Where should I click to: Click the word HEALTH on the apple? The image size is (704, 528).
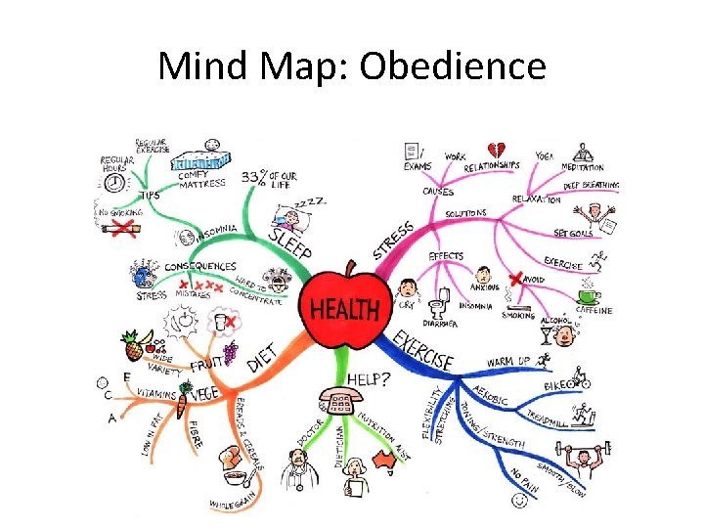tap(344, 310)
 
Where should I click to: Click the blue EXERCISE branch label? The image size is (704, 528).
tap(423, 349)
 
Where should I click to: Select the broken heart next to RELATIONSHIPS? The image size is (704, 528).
tap(497, 149)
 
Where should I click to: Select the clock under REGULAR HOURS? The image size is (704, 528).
tap(115, 183)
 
